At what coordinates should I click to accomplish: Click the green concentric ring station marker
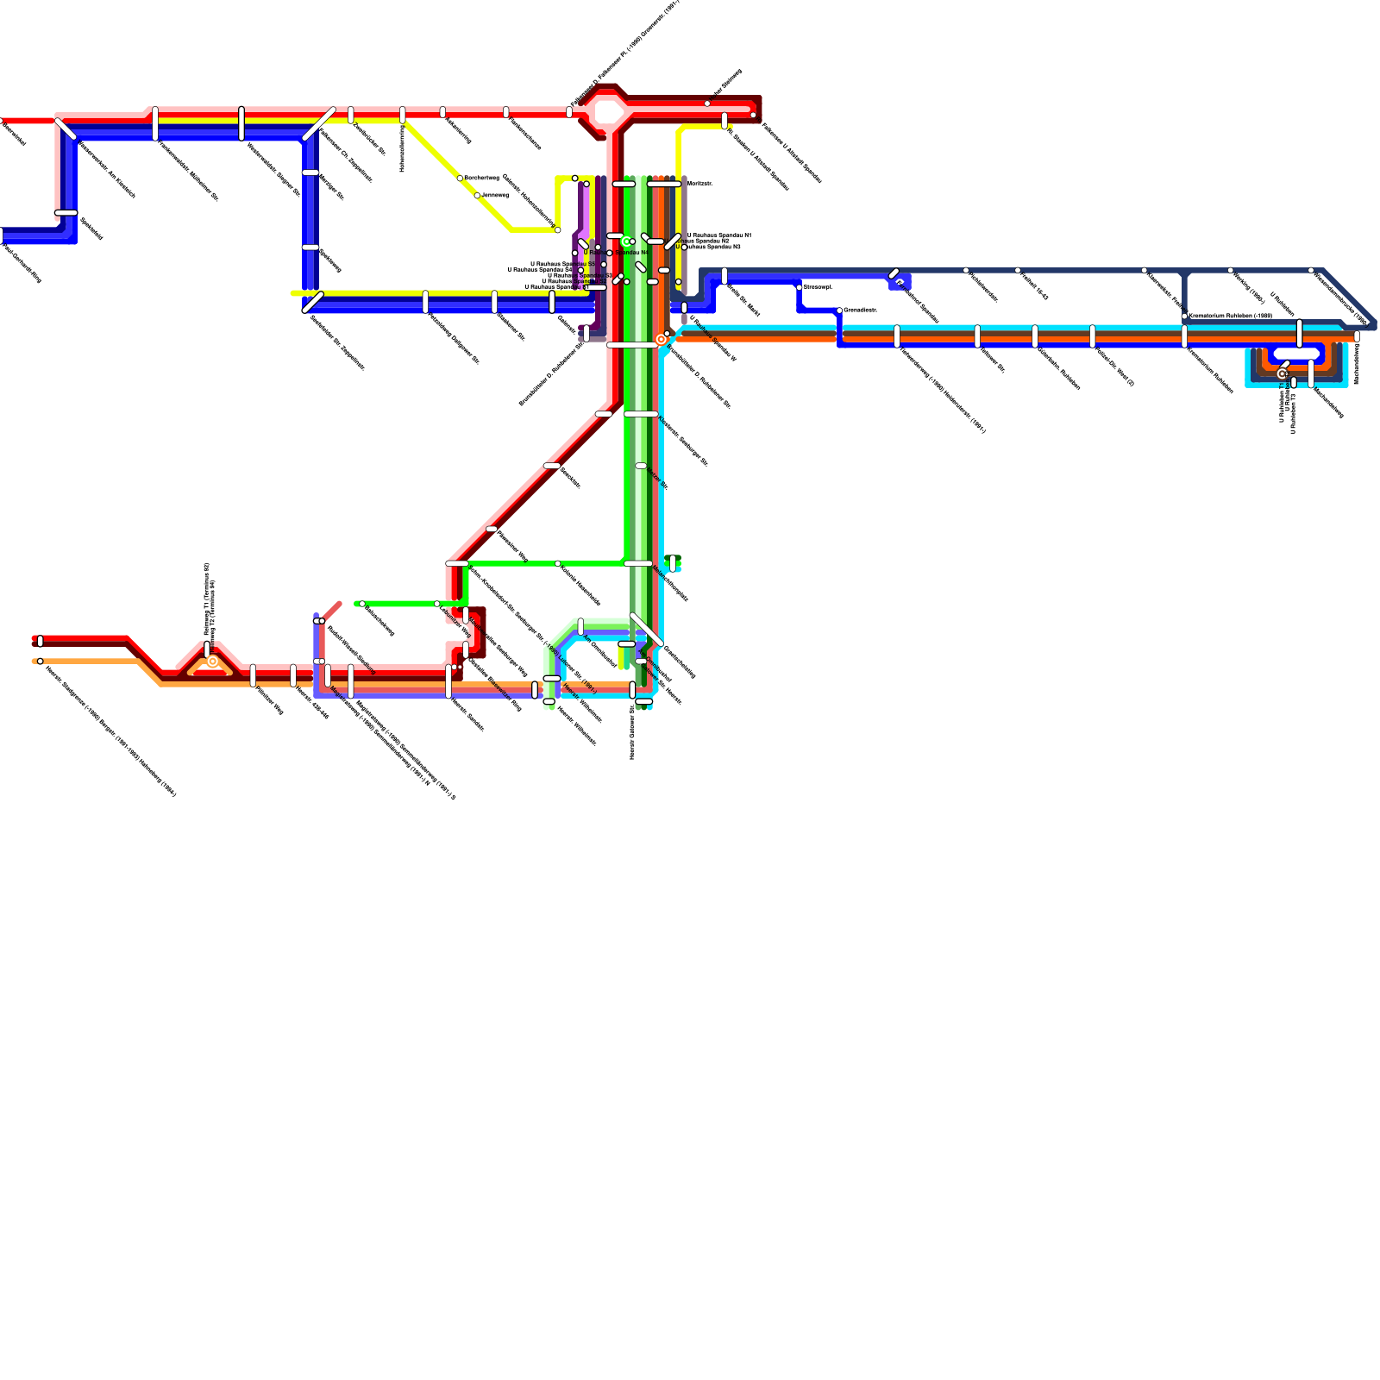pos(627,241)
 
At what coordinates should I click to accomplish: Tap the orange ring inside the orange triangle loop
pos(212,662)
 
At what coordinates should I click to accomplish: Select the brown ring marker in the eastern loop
pos(1282,373)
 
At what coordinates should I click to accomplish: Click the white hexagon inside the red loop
pos(608,112)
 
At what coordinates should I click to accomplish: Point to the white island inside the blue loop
pos(1296,353)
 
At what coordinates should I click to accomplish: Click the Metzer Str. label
pos(656,480)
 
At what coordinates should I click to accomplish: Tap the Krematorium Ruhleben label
pos(1230,317)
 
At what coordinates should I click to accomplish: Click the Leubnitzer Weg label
pos(454,621)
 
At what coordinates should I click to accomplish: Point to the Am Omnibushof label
pos(600,651)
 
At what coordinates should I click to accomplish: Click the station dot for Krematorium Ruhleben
pos(1184,317)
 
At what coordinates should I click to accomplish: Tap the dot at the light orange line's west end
pos(40,662)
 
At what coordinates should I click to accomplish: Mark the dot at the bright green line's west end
pos(361,604)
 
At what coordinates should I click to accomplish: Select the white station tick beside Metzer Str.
pos(641,466)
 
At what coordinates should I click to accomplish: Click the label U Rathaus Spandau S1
pos(556,287)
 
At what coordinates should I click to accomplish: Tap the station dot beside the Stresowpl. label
pos(799,286)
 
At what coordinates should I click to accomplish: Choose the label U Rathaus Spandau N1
pos(718,235)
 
